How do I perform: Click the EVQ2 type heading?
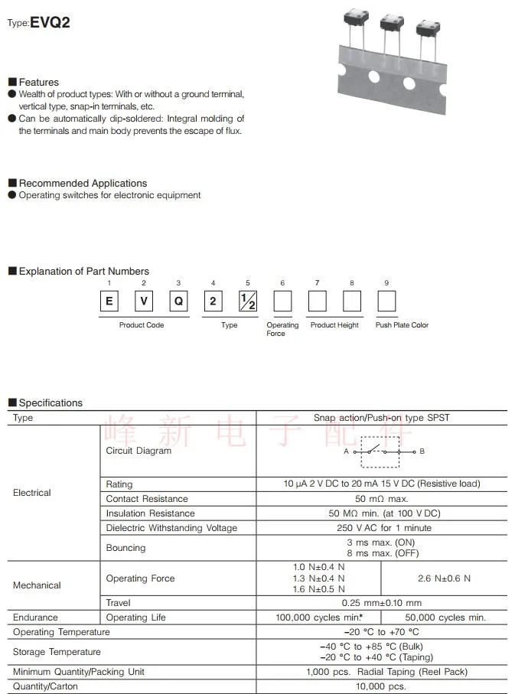tap(50, 22)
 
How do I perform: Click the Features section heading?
tap(38, 82)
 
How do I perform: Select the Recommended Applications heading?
tap(83, 183)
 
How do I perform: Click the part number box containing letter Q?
tap(178, 301)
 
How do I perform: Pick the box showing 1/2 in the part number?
tap(248, 301)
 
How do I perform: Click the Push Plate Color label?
tap(402, 325)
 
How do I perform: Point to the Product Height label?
tap(334, 325)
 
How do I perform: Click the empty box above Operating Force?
tap(282, 301)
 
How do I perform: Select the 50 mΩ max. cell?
tap(381, 499)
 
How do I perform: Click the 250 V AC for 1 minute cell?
tap(381, 528)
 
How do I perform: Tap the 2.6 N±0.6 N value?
tap(444, 578)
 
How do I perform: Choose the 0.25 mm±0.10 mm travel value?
tap(381, 603)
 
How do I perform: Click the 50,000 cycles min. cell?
tap(444, 617)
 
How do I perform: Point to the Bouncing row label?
tap(125, 548)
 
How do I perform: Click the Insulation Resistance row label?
tap(150, 513)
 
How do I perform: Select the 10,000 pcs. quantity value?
tap(381, 686)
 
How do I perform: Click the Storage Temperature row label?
tap(57, 652)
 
